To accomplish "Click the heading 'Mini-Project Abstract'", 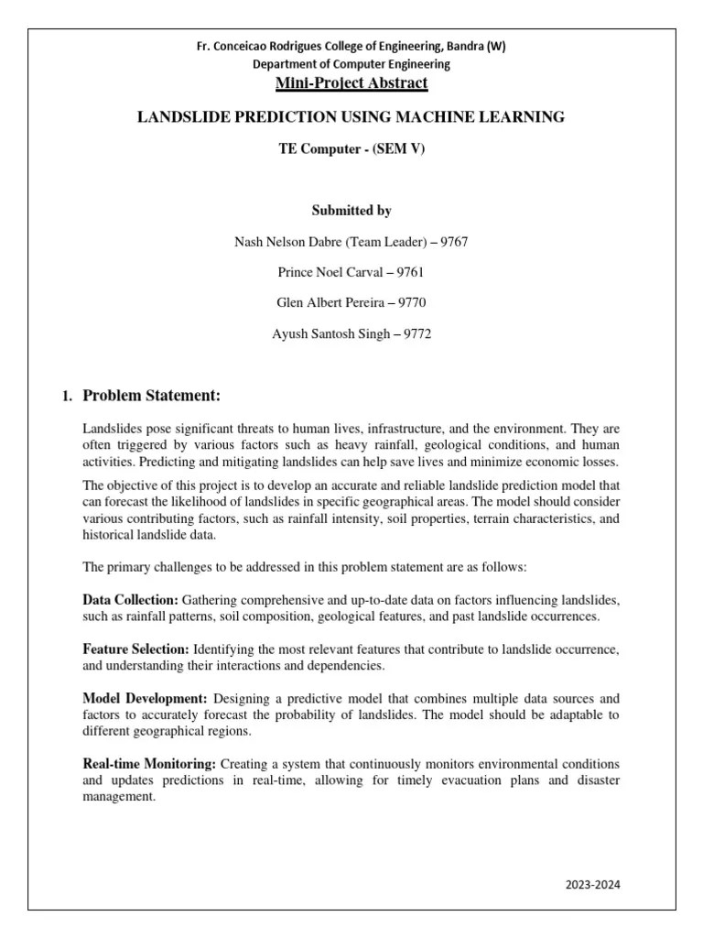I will click(351, 83).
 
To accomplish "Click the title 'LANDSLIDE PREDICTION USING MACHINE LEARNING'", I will click(351, 117).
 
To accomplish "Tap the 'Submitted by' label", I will click(351, 211).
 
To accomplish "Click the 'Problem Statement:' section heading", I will click(152, 396).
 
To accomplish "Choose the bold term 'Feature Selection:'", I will click(135, 649).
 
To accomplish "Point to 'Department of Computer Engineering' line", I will click(351, 64).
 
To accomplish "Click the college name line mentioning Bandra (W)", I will click(351, 47).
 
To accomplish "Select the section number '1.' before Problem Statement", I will click(66, 397).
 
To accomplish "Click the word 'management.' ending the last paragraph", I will click(119, 797).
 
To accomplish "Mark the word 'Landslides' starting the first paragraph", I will click(113, 429).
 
